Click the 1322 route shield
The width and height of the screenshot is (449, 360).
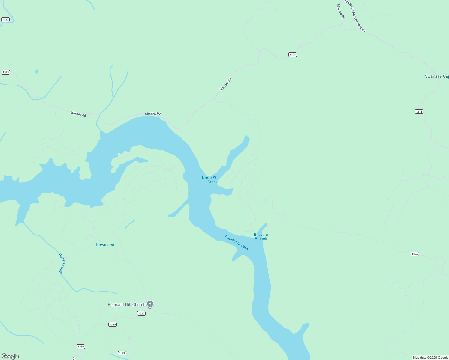coord(5,19)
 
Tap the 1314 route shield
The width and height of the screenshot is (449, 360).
coord(419,112)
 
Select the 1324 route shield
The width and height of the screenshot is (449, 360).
coord(415,254)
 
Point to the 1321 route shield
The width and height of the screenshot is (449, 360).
coord(122,353)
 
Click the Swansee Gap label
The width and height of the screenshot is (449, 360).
coord(437,76)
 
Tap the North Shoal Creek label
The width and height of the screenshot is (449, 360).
coord(212,180)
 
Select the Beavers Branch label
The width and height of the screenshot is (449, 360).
coord(261,237)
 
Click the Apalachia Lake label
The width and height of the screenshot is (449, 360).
coord(237,243)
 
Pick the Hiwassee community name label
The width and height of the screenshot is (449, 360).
coord(105,245)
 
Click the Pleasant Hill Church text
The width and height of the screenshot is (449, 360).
coord(126,305)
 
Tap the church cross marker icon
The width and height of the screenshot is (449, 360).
coord(150,304)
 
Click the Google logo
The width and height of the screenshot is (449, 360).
coord(10,356)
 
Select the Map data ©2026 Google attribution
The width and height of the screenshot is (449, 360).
coord(430,358)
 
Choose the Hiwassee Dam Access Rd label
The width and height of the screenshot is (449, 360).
coord(355,16)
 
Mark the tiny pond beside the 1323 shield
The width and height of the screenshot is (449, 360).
coord(37,71)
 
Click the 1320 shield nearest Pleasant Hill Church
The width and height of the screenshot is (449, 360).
coord(141,313)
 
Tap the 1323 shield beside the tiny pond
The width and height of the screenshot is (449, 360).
coord(6,72)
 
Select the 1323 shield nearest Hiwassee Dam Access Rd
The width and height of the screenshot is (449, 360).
coord(293,55)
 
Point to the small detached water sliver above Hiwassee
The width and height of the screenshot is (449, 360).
coord(130,224)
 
